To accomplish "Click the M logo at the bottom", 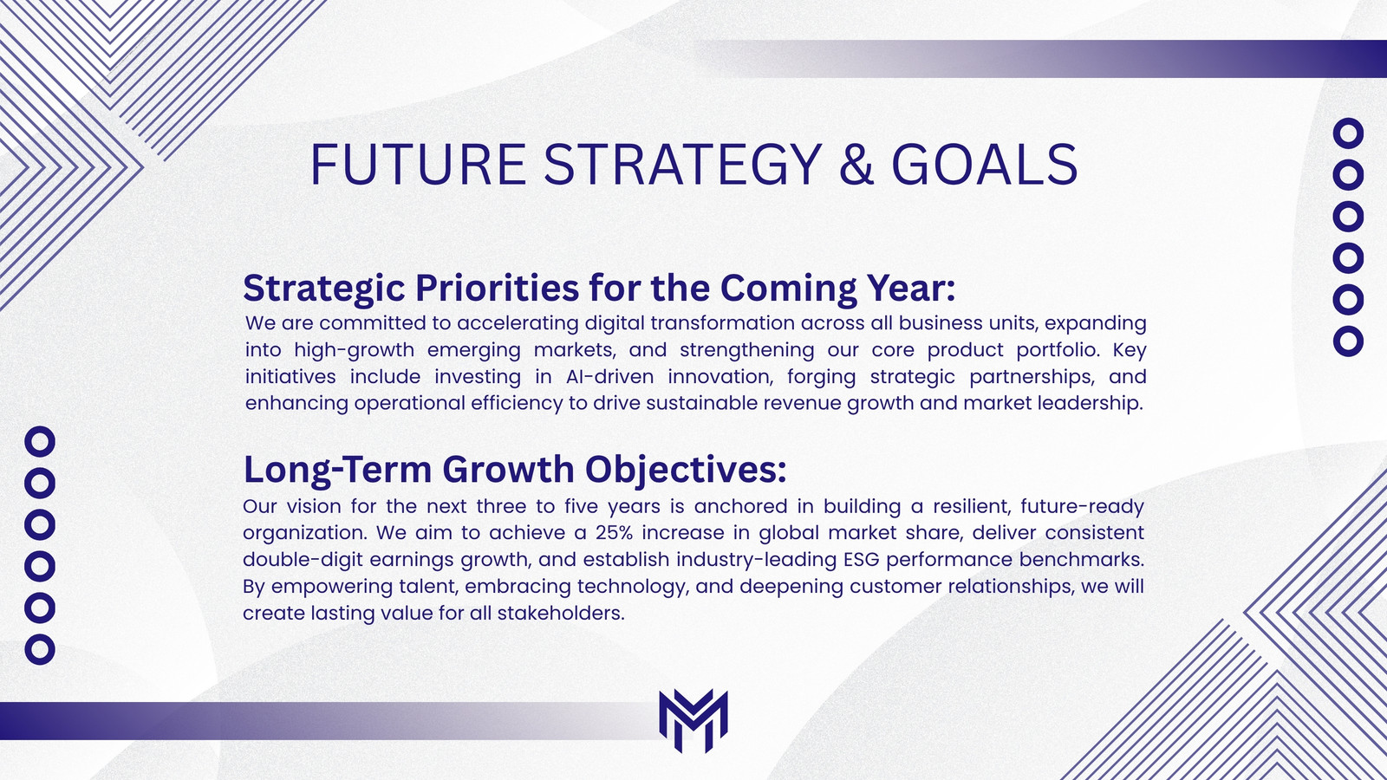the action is [693, 720].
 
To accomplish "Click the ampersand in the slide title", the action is [856, 165].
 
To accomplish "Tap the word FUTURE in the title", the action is [418, 165].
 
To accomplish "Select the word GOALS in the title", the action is [985, 165].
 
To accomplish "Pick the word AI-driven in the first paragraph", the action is [610, 376].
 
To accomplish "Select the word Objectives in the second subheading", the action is [686, 469].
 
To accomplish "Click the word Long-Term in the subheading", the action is [338, 469].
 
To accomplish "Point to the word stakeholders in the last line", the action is [561, 613].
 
